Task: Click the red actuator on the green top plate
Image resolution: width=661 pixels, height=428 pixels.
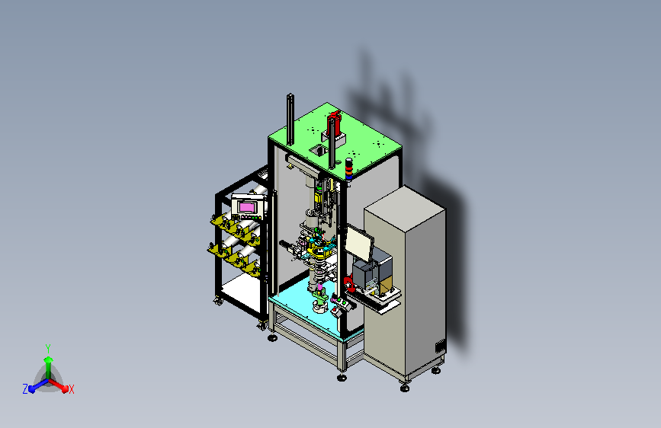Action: (334, 123)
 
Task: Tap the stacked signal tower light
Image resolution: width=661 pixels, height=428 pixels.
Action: (348, 169)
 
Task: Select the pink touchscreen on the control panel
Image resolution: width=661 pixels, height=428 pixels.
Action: (247, 207)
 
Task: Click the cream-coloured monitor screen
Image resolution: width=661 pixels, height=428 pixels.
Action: (359, 244)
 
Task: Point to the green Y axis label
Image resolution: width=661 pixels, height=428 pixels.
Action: (48, 349)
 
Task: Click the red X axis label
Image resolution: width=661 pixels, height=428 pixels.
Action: (71, 390)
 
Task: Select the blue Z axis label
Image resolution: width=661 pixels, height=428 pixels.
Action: (25, 389)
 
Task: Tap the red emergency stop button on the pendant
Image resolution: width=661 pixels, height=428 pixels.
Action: (335, 311)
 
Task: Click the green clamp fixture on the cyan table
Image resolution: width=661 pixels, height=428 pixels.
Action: (321, 296)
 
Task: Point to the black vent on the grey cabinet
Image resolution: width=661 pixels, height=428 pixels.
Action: (440, 347)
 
